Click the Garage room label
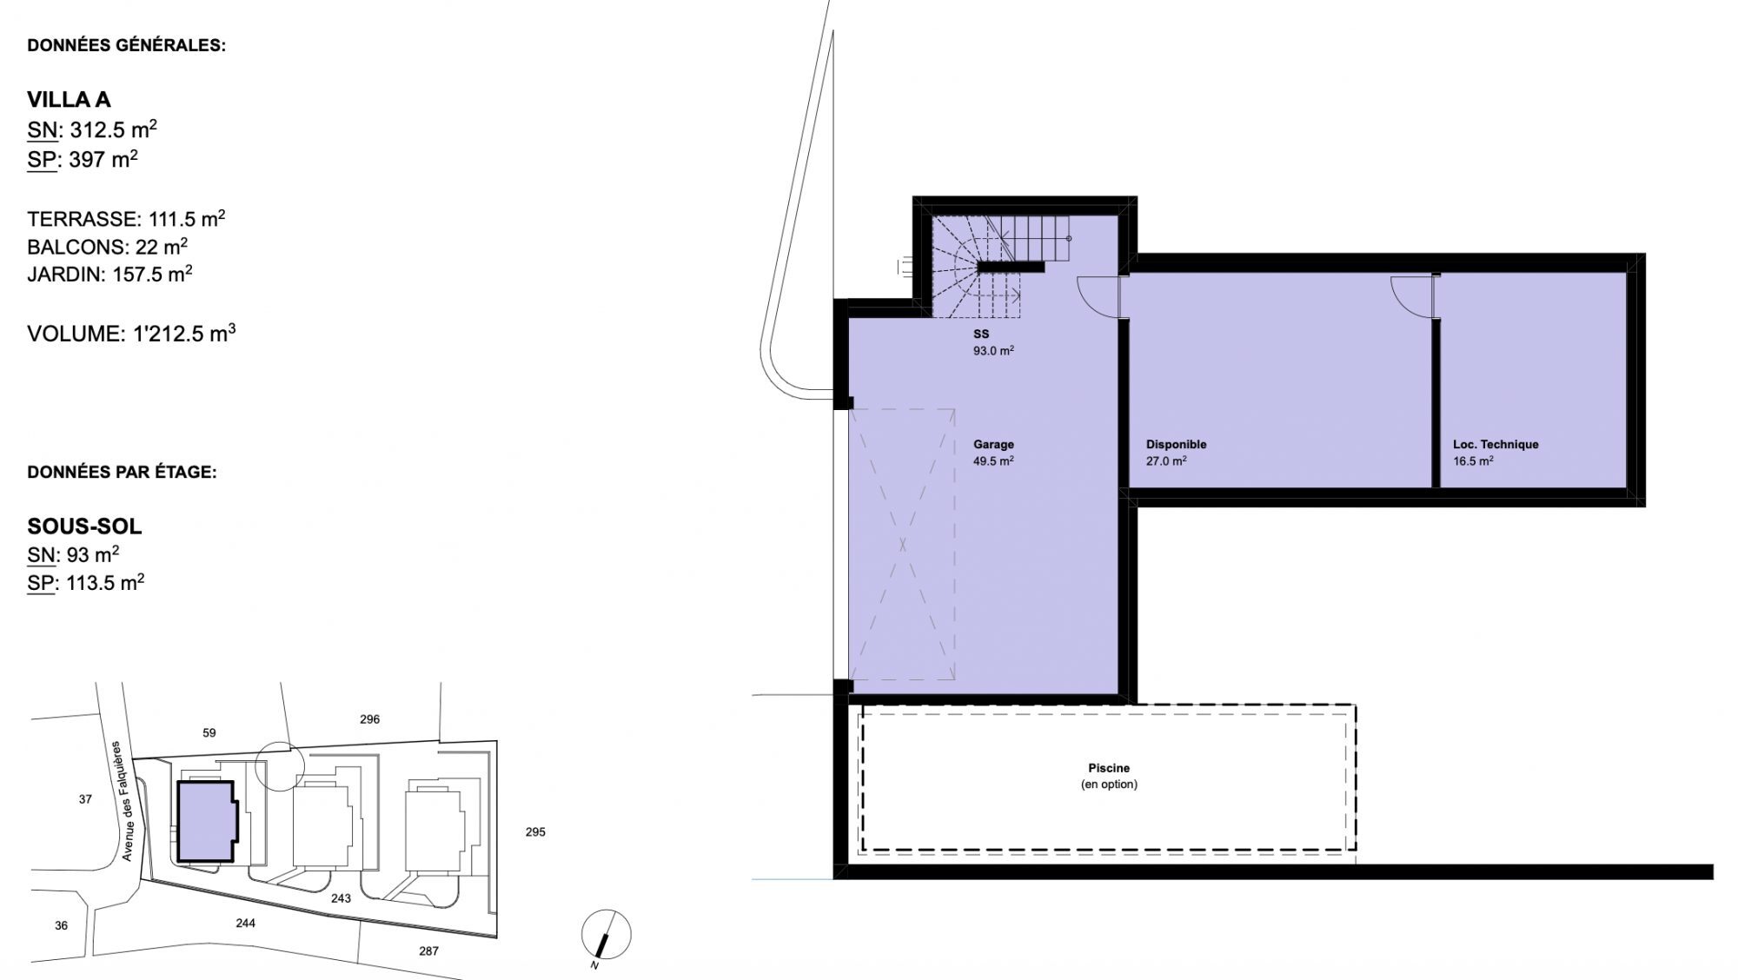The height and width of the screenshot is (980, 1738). tap(993, 445)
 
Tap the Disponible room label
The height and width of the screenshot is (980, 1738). tap(1176, 445)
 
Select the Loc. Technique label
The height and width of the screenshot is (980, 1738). tap(1496, 445)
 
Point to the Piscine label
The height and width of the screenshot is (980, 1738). tap(1109, 768)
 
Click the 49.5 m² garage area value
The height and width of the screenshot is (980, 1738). tap(993, 461)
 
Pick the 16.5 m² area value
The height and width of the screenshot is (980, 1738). tap(1473, 461)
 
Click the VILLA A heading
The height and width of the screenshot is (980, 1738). tap(69, 100)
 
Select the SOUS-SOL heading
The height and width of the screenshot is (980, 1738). tap(84, 526)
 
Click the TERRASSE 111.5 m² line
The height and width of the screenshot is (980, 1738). tap(126, 218)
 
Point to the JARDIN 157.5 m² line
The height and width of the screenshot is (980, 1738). tap(109, 275)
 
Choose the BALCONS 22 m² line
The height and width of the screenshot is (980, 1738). tap(108, 247)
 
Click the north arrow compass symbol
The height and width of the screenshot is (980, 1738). tap(606, 936)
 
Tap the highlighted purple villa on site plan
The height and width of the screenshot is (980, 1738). tap(206, 821)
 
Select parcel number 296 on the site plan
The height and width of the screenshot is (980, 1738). tap(369, 719)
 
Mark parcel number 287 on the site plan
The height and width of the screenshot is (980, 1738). tap(428, 951)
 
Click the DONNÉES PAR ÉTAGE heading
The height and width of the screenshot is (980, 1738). tap(122, 473)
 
